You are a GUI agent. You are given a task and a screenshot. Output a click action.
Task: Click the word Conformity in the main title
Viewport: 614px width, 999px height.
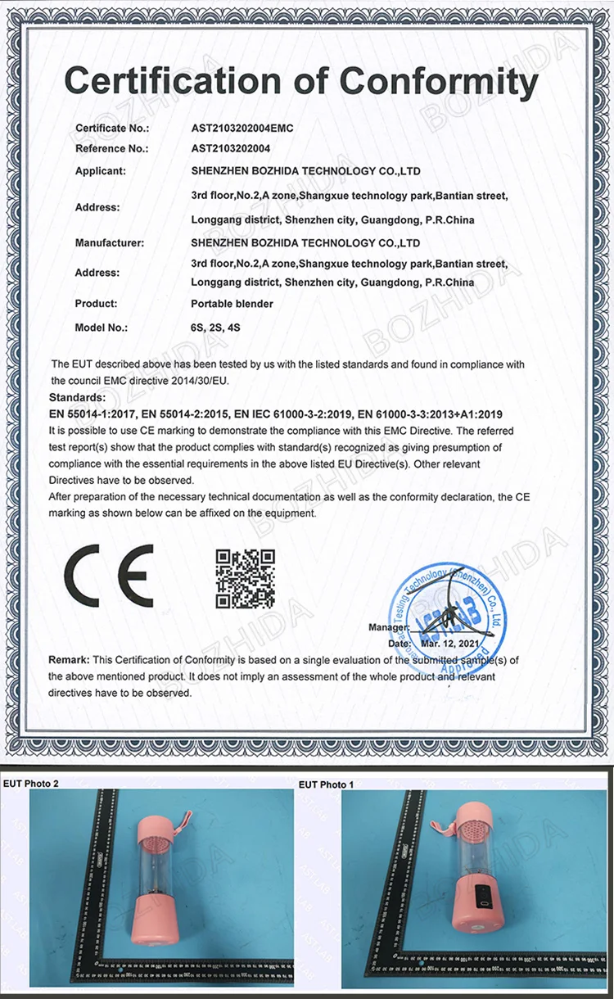coord(438,82)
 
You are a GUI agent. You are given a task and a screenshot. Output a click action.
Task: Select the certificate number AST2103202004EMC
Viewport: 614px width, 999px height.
coord(242,129)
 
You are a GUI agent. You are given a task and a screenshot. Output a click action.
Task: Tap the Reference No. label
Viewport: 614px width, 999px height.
coord(111,149)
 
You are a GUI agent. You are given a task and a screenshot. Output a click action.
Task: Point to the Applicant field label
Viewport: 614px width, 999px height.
coord(101,171)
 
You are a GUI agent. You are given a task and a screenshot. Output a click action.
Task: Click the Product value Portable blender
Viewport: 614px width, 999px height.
coord(232,304)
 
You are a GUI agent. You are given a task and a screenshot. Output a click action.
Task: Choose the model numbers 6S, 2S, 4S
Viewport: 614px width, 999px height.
coord(214,328)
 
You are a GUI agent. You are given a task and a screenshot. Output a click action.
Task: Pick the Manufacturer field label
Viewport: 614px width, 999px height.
coord(110,243)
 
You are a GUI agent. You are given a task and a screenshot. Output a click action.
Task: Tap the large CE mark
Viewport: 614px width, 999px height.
coord(109,575)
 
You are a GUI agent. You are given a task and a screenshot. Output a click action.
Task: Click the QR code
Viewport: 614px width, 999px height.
coord(245,579)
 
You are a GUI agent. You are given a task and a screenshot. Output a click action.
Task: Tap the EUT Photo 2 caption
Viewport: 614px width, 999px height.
coord(31,784)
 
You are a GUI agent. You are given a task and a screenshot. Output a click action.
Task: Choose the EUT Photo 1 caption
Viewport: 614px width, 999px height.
coord(327,784)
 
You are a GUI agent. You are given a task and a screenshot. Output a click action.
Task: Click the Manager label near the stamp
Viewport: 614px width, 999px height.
coord(387,627)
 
